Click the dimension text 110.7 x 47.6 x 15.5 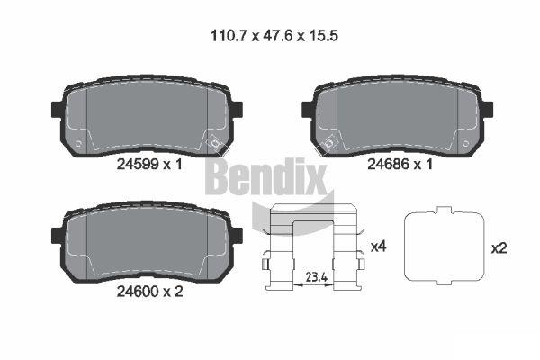point(274,35)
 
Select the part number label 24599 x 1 point(149,165)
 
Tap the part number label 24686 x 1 point(400,165)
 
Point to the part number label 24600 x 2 point(149,292)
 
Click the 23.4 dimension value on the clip point(317,277)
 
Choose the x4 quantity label point(379,247)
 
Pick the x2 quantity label point(499,248)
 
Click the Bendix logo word point(265,176)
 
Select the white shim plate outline point(445,246)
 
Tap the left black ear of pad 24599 point(57,110)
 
